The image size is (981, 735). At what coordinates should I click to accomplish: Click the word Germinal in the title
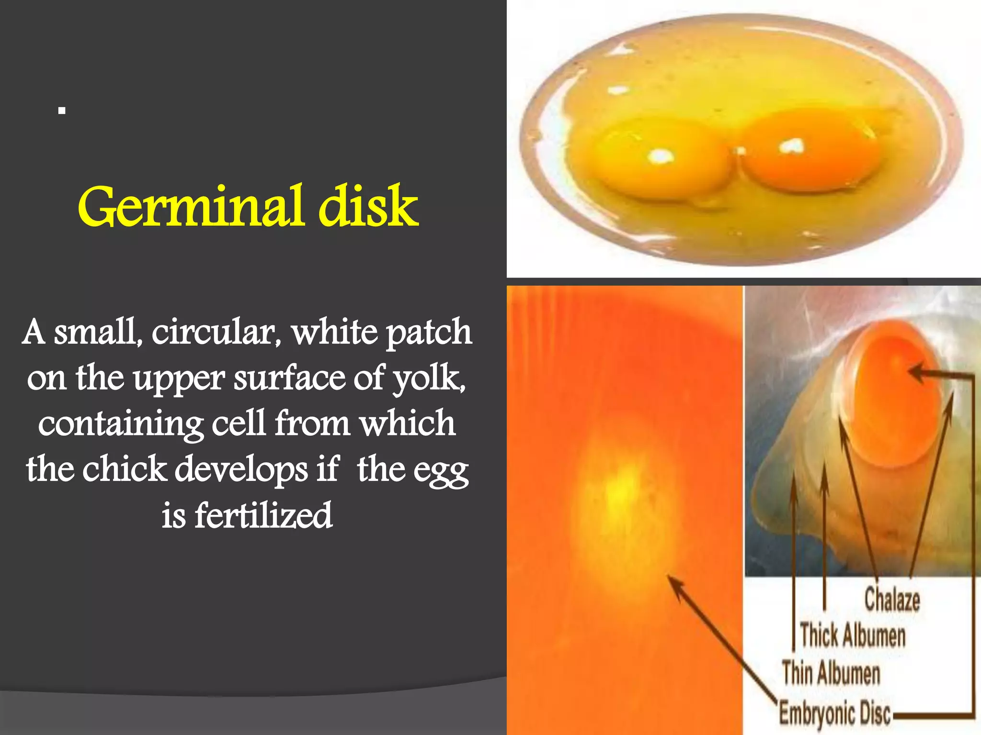point(192,207)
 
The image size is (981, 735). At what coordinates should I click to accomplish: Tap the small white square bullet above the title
point(61,111)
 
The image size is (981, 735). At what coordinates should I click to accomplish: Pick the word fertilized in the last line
point(263,516)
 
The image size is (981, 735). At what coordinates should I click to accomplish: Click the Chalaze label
point(892,599)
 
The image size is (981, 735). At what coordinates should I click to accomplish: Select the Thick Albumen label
point(853,635)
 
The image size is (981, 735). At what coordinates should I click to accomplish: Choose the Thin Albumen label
point(832,673)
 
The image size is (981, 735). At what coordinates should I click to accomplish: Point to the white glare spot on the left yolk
point(662,156)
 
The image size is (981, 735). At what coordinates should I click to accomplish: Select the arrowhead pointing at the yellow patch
point(673,582)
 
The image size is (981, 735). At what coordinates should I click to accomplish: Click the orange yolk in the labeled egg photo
point(891,397)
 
